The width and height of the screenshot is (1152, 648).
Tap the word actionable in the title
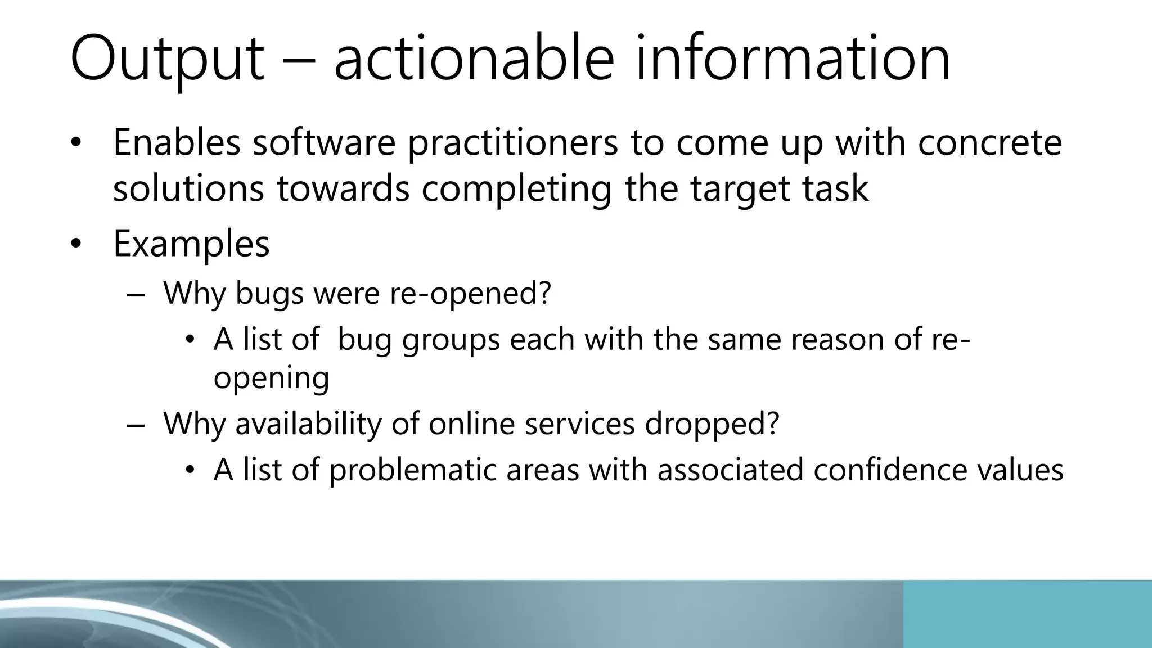474,58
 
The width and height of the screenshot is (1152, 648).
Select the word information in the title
793,58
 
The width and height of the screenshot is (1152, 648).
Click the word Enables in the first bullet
177,142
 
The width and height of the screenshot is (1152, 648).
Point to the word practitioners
512,143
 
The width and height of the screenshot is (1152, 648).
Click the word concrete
990,142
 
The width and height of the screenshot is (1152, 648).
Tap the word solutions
188,188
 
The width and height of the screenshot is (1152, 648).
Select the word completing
517,190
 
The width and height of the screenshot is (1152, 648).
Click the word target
740,190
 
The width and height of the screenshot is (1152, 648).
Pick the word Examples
191,244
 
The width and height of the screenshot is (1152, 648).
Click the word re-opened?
470,294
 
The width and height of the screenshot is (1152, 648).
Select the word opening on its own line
271,379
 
